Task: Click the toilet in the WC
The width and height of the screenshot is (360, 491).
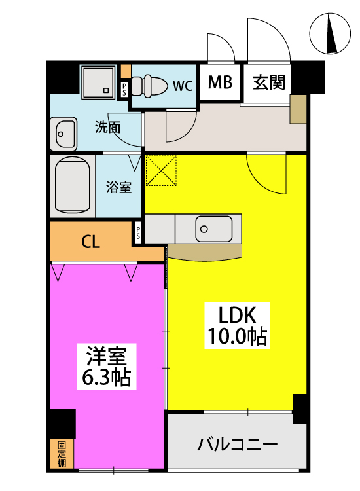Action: coord(149,85)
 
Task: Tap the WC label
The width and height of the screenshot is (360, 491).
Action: coord(183,85)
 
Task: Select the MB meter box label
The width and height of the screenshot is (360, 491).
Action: coord(220,82)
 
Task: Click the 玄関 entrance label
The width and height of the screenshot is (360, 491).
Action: coord(269,82)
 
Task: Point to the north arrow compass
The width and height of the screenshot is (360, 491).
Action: coord(330,33)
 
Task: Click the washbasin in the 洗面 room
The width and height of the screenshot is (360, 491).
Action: coord(63,134)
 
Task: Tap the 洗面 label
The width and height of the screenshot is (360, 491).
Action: coord(108,128)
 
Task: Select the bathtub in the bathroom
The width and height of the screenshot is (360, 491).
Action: coord(72,185)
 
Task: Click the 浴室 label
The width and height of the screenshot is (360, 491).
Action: coord(118,187)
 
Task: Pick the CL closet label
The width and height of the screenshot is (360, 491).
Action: coord(90,242)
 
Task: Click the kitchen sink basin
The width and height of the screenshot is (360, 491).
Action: coord(214,228)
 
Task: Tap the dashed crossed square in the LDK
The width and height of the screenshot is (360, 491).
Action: coord(161,170)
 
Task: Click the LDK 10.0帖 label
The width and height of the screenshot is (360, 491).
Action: coord(237,325)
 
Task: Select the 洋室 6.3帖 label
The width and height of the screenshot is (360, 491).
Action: coord(107,367)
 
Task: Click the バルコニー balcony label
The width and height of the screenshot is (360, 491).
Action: coord(238,445)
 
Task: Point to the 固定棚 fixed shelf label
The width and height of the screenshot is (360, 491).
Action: coord(62,454)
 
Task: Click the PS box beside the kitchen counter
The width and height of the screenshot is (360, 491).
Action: coord(138,232)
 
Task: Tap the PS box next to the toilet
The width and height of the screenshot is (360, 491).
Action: coord(124,89)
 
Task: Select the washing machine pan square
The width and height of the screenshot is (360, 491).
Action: coord(98,81)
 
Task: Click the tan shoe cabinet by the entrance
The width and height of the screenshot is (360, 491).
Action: coord(298,109)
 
